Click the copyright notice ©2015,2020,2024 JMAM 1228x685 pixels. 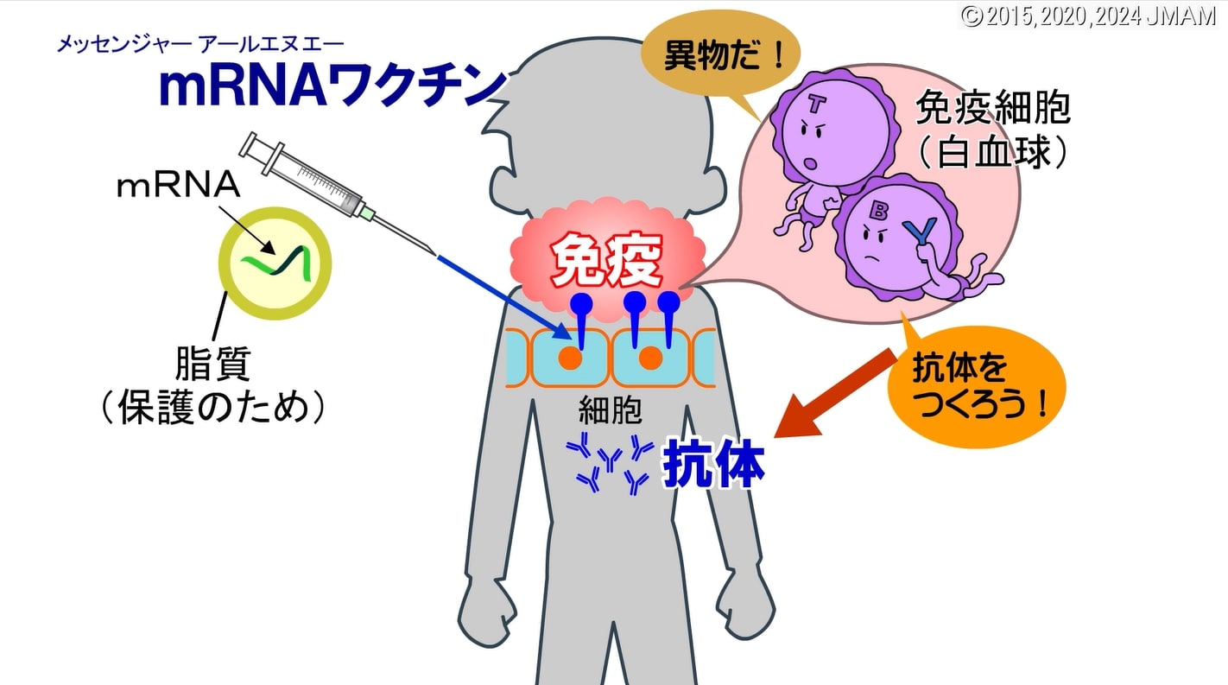[1088, 16]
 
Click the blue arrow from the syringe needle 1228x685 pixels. [501, 294]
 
